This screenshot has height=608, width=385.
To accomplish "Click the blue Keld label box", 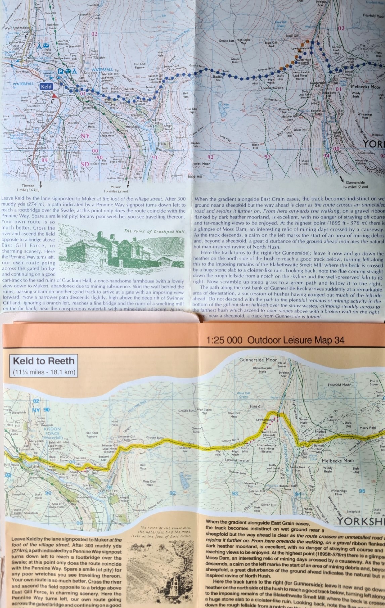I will point(46,87).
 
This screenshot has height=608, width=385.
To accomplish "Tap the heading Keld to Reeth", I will point(43,361).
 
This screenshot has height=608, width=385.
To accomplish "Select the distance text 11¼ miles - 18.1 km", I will point(44,372).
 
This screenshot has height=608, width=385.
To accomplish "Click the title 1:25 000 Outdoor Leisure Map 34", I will point(276,340).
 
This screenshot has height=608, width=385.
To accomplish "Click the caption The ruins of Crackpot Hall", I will point(154,231).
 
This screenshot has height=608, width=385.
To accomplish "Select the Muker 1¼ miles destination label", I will point(115,189).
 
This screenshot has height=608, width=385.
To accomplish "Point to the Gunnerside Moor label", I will point(258,360).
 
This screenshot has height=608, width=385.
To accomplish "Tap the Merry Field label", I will point(368,428).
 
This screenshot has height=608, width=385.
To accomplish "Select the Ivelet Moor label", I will point(201,164).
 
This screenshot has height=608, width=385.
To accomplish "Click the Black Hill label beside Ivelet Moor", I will point(195,177).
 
